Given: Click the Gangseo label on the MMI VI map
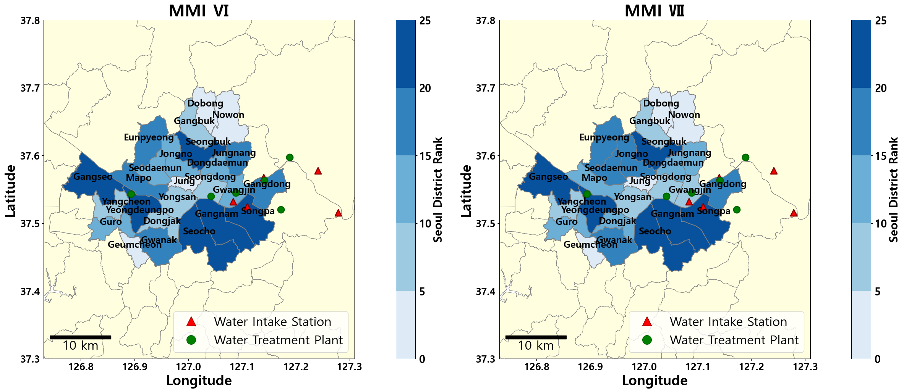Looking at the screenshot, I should click(x=93, y=177).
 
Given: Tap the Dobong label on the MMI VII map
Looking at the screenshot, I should click(x=661, y=103).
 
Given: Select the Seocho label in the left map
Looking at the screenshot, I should click(x=199, y=231).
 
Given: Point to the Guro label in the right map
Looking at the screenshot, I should click(x=566, y=222).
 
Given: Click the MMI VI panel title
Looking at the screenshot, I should click(x=199, y=11).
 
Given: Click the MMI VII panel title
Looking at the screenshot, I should click(x=655, y=11).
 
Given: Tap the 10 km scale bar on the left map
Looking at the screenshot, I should click(x=80, y=337).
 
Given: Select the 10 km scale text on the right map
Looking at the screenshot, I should click(x=536, y=346).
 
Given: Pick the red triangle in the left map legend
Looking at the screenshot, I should click(x=191, y=321).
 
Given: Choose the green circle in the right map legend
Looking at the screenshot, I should click(x=647, y=340).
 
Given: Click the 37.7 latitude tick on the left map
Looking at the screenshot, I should click(x=30, y=88).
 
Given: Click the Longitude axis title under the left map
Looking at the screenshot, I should click(x=199, y=381).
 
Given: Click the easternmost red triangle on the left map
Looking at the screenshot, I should click(x=338, y=213).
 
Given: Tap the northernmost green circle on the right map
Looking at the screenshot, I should click(x=745, y=158).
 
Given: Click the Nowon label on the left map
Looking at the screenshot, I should click(x=228, y=115).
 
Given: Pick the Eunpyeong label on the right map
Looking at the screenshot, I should click(x=604, y=137).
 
